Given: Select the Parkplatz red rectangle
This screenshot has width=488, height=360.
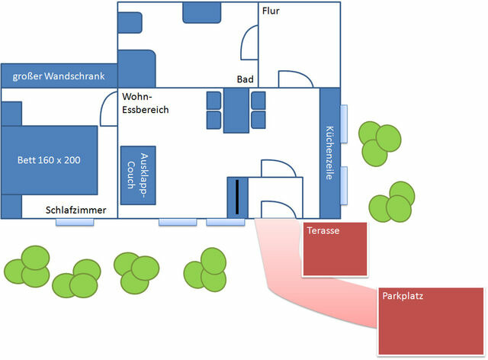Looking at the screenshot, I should coord(432,320).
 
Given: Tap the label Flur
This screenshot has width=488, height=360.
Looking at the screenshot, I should coord(271,12).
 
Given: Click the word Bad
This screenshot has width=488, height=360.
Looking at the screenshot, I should coord(245,79).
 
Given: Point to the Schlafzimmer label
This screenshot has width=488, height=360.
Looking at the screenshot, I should coord(75,211).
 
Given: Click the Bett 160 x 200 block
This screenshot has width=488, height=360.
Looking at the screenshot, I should coord(50,160).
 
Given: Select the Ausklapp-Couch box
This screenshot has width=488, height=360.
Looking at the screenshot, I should coord(138,175).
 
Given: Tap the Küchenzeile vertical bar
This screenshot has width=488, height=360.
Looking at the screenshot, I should coord(329,153).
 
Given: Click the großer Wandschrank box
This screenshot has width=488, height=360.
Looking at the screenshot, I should coord(59,76).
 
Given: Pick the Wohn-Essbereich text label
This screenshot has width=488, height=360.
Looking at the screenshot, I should coord(145,104).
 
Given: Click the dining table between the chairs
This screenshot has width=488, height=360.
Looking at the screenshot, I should coord(236,111).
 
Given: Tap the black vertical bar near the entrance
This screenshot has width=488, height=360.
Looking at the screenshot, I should coord(236,197).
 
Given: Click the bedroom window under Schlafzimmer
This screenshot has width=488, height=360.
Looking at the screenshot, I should coord(75,222).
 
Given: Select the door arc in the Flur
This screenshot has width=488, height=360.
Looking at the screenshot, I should coord(294,79).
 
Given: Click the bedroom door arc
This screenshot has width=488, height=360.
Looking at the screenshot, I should coord(109,109).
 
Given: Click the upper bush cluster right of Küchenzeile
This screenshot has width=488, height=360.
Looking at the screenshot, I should coord(380,143).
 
